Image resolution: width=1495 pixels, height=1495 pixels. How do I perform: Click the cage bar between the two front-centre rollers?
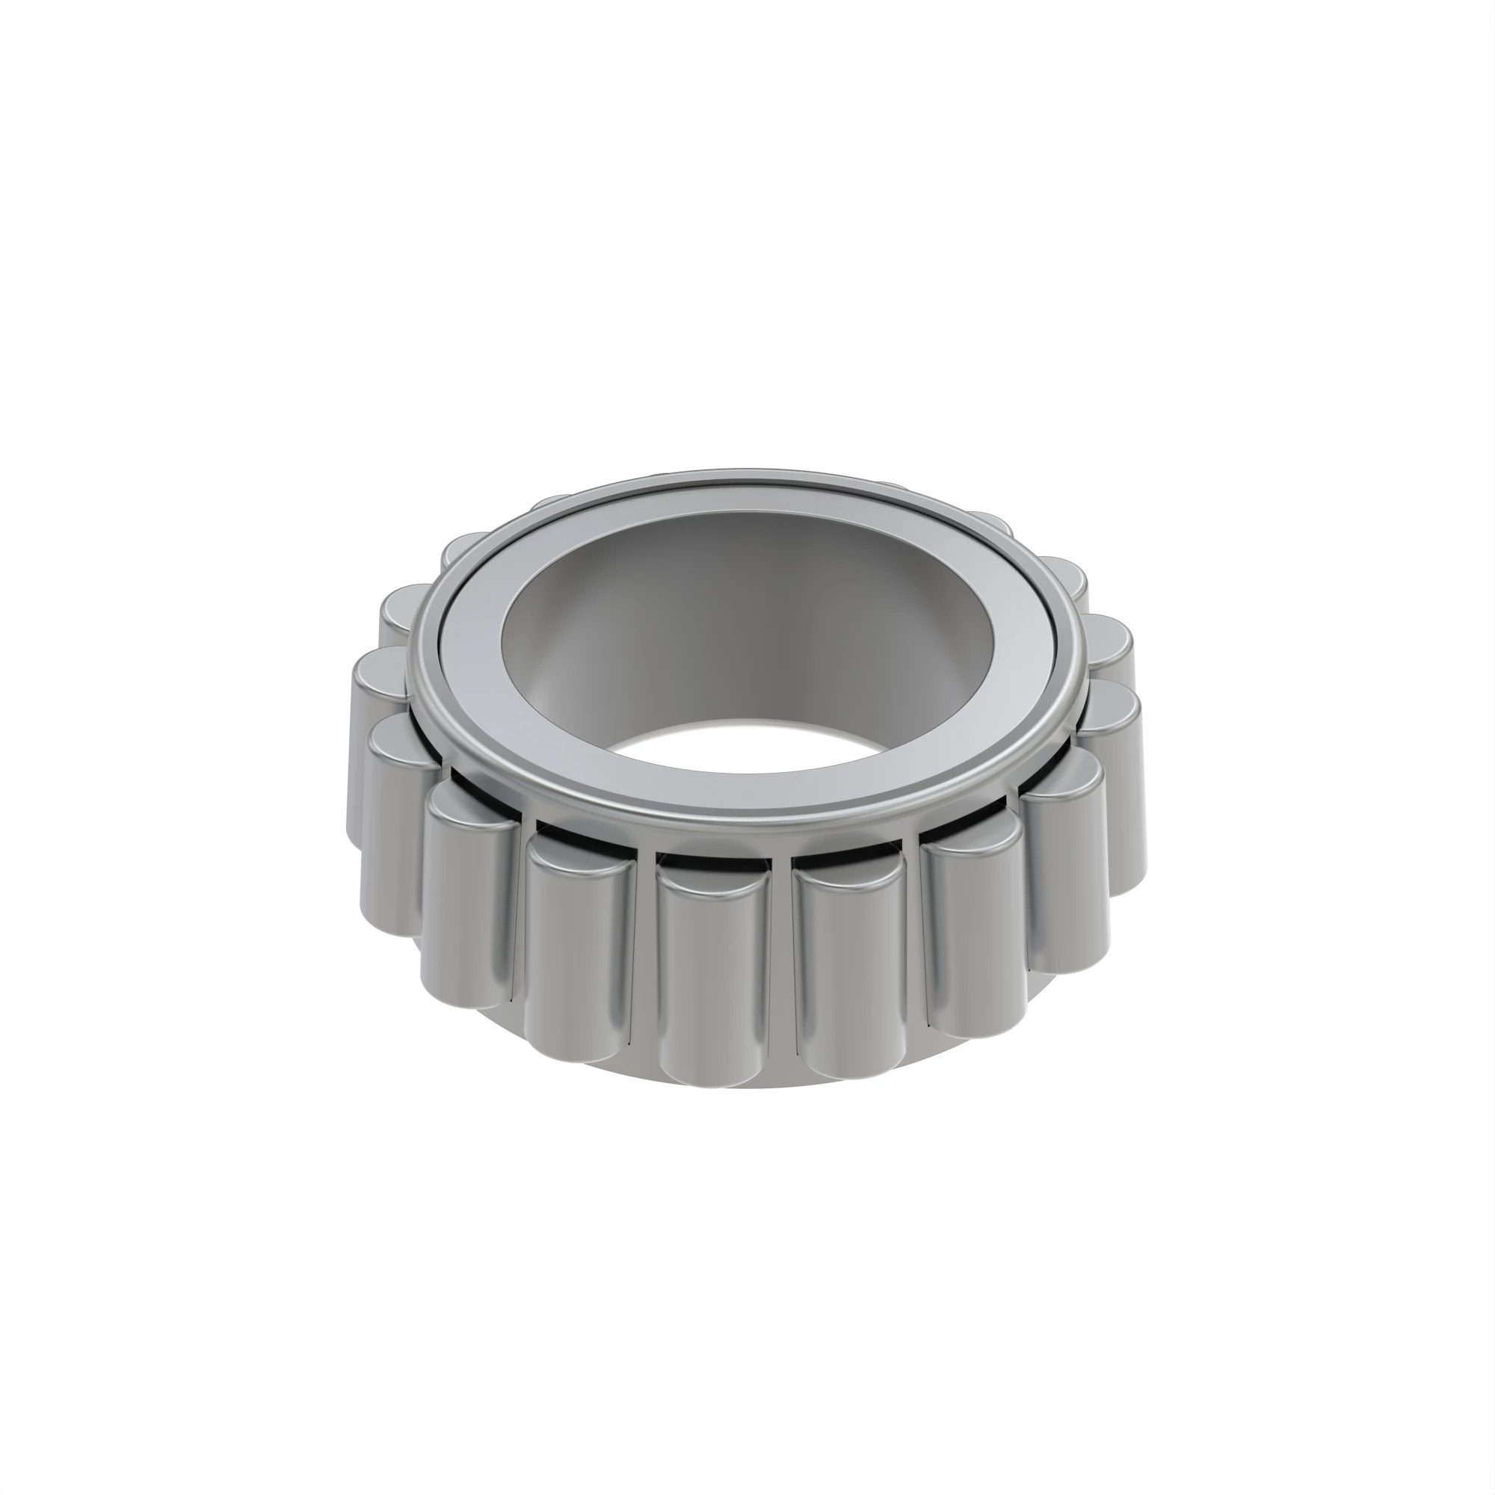click(781, 967)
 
